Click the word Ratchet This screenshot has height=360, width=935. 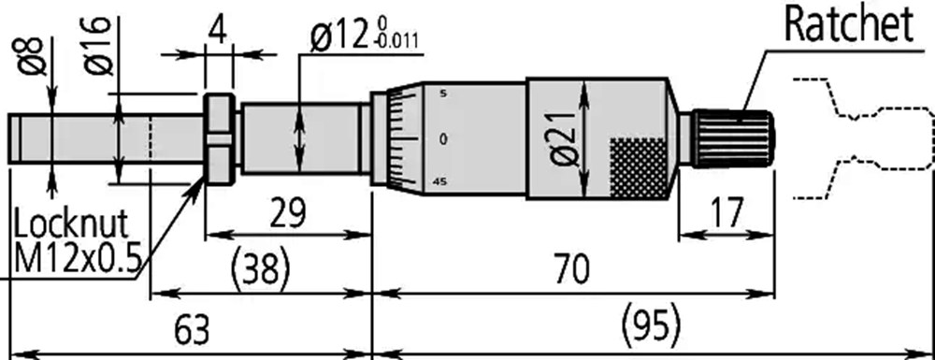(x=849, y=25)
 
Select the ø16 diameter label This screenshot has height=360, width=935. (x=98, y=46)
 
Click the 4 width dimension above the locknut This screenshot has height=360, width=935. (x=219, y=31)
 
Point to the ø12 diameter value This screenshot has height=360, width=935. (x=339, y=37)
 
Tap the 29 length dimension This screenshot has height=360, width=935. (x=287, y=213)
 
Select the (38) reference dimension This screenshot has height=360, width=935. (x=261, y=269)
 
